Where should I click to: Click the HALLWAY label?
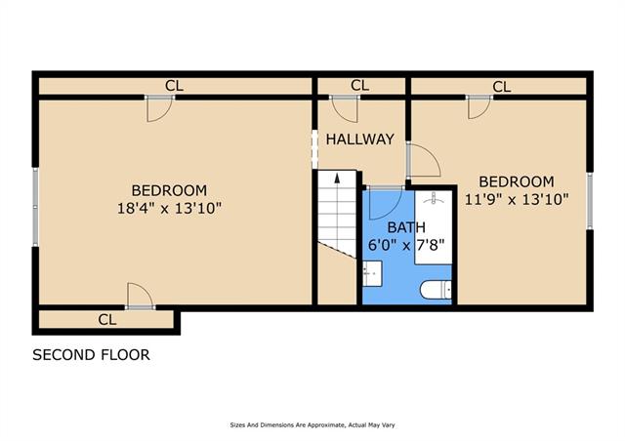(360, 140)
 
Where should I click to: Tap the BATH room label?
(406, 227)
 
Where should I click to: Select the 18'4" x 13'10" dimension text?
(169, 208)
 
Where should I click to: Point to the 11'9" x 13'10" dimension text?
(517, 199)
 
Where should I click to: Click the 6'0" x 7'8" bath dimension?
(406, 245)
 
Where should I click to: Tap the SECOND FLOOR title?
(91, 354)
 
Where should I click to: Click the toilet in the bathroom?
(437, 289)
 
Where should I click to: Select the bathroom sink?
(372, 273)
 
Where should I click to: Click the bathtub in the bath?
(434, 227)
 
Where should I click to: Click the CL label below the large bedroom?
(107, 319)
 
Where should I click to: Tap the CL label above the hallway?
(360, 85)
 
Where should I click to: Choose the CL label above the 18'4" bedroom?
(174, 86)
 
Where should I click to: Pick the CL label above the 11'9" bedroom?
(501, 87)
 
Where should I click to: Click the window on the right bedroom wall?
(590, 201)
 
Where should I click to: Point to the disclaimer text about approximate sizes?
(312, 425)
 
